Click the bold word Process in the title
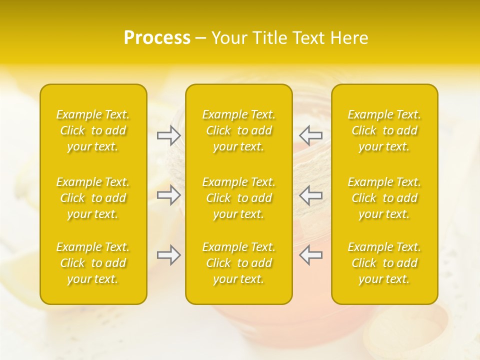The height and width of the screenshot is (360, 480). [x=157, y=38]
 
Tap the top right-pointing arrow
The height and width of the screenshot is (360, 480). [x=168, y=135]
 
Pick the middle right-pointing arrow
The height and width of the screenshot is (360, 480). [x=168, y=195]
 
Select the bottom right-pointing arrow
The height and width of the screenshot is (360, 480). [x=168, y=255]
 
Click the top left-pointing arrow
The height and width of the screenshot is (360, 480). [x=310, y=135]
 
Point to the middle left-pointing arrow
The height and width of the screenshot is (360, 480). [x=310, y=195]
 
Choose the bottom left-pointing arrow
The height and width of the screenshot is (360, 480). [x=310, y=255]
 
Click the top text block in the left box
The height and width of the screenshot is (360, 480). [x=93, y=130]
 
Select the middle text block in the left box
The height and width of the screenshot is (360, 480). [x=93, y=198]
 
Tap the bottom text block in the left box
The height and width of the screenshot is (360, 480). [x=93, y=263]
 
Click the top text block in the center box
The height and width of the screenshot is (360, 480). [x=238, y=130]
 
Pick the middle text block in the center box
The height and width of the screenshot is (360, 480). [x=238, y=198]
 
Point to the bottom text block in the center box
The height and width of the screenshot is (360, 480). [x=238, y=263]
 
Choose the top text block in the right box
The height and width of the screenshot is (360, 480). [x=384, y=130]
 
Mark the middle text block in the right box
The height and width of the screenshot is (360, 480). [x=384, y=198]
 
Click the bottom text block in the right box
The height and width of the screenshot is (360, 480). [x=384, y=263]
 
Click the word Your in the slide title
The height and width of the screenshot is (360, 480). [x=227, y=38]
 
